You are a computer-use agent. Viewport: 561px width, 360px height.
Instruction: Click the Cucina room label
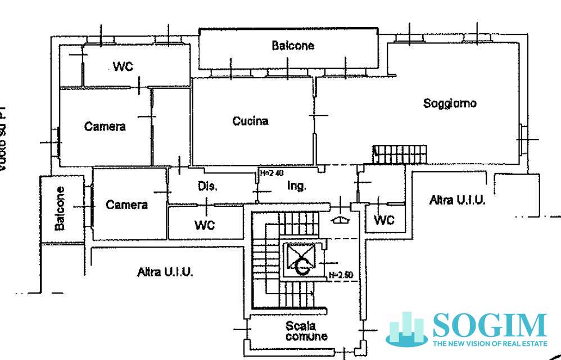click(250, 121)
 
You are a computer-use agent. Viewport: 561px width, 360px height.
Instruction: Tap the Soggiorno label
click(450, 103)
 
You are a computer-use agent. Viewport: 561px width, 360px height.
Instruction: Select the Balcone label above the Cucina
click(293, 46)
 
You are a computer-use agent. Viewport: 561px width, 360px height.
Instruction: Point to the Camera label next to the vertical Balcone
click(126, 205)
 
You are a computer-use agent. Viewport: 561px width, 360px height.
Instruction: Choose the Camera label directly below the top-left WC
click(105, 127)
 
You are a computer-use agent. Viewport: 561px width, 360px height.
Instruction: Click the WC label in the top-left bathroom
click(123, 66)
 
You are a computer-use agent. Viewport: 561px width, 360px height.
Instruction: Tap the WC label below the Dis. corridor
click(205, 226)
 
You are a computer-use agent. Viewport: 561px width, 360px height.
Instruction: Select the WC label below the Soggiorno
click(384, 220)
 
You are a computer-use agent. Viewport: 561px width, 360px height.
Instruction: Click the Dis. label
click(207, 186)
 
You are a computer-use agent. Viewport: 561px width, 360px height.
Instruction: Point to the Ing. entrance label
click(296, 186)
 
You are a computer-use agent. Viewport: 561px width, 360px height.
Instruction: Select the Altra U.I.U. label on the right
click(457, 200)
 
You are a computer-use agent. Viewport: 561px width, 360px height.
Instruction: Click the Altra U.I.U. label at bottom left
click(165, 272)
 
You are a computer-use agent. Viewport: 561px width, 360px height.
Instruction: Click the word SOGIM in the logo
click(489, 325)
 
